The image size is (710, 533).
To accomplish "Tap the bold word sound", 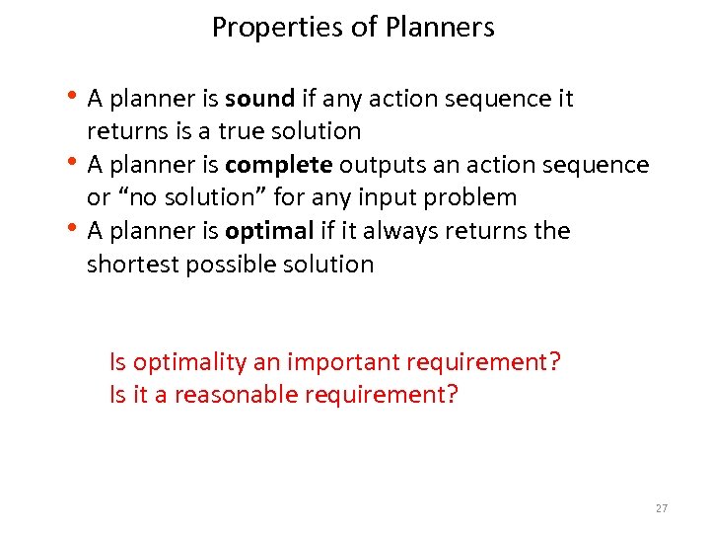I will click(259, 99).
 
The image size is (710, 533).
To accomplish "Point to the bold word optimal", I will click(268, 231).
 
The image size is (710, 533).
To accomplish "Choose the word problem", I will click(471, 197).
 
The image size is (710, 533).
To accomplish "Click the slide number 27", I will click(661, 508).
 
